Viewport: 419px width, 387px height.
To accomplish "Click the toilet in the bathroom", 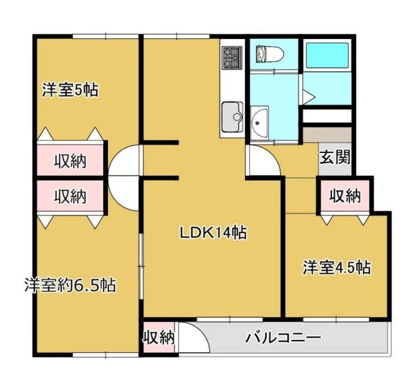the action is [x=269, y=54].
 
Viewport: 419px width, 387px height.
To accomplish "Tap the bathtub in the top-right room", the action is [x=327, y=55].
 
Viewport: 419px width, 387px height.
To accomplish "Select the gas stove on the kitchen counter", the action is [x=231, y=58].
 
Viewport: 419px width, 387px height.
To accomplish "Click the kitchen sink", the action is [x=232, y=117].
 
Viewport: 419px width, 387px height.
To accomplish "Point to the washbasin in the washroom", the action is [x=260, y=122].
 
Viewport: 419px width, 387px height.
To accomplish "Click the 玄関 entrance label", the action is [x=335, y=158].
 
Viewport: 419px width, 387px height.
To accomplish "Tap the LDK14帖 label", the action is [x=213, y=233].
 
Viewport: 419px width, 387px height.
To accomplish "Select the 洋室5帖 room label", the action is [x=70, y=90].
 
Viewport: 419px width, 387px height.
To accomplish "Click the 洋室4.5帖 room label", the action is [x=337, y=267].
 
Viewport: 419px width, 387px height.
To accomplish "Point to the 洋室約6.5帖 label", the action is [x=70, y=285].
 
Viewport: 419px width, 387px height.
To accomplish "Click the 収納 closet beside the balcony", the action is [x=159, y=338].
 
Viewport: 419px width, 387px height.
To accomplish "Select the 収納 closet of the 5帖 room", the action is [x=70, y=161].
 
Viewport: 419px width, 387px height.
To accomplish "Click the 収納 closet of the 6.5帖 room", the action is [x=70, y=196].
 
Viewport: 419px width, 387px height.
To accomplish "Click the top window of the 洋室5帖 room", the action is [x=105, y=36].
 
